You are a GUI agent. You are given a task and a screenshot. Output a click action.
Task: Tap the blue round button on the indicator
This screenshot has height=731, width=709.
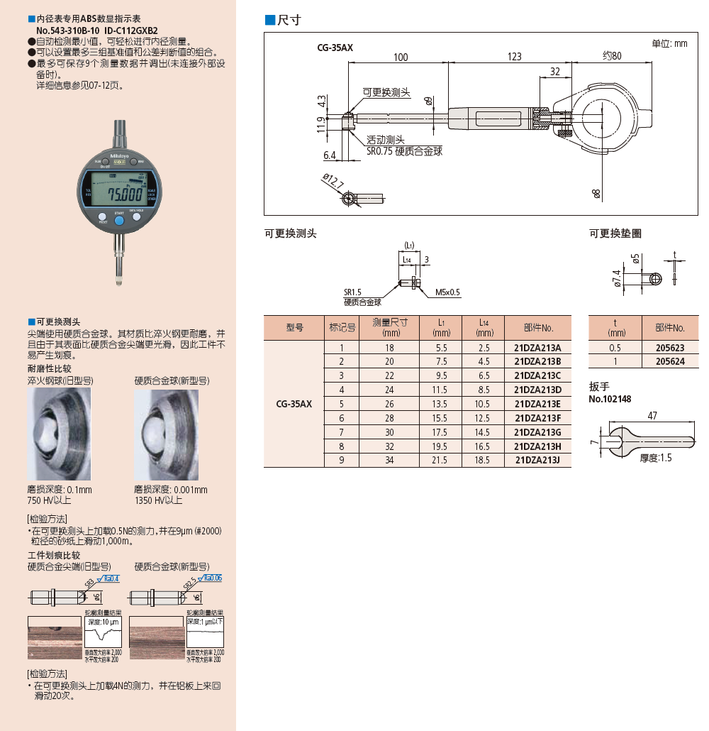tap(119, 221)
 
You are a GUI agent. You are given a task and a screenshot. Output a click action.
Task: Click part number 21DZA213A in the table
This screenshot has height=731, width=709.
tap(537, 348)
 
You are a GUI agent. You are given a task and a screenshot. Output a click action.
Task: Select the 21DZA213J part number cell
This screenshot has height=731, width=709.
tap(537, 460)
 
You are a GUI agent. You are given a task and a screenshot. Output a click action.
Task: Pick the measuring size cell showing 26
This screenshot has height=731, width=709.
tap(389, 404)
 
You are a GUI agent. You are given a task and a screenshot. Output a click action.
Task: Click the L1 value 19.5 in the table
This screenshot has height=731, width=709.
tap(440, 446)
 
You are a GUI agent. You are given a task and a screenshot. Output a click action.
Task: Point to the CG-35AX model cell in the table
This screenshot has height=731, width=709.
tap(294, 404)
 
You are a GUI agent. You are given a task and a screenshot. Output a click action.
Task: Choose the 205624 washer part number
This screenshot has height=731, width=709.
tap(670, 361)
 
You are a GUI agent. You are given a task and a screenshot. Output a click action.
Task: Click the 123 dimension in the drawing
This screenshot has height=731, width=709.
tap(515, 56)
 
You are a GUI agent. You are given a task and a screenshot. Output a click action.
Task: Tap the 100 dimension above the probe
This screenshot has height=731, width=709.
tap(401, 56)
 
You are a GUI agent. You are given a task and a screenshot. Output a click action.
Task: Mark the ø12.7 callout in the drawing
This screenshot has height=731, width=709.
tap(332, 180)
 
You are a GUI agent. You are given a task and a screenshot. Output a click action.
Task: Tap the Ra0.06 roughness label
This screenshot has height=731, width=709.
tap(212, 578)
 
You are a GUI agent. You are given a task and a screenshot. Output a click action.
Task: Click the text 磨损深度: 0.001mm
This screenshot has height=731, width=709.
tap(171, 490)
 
